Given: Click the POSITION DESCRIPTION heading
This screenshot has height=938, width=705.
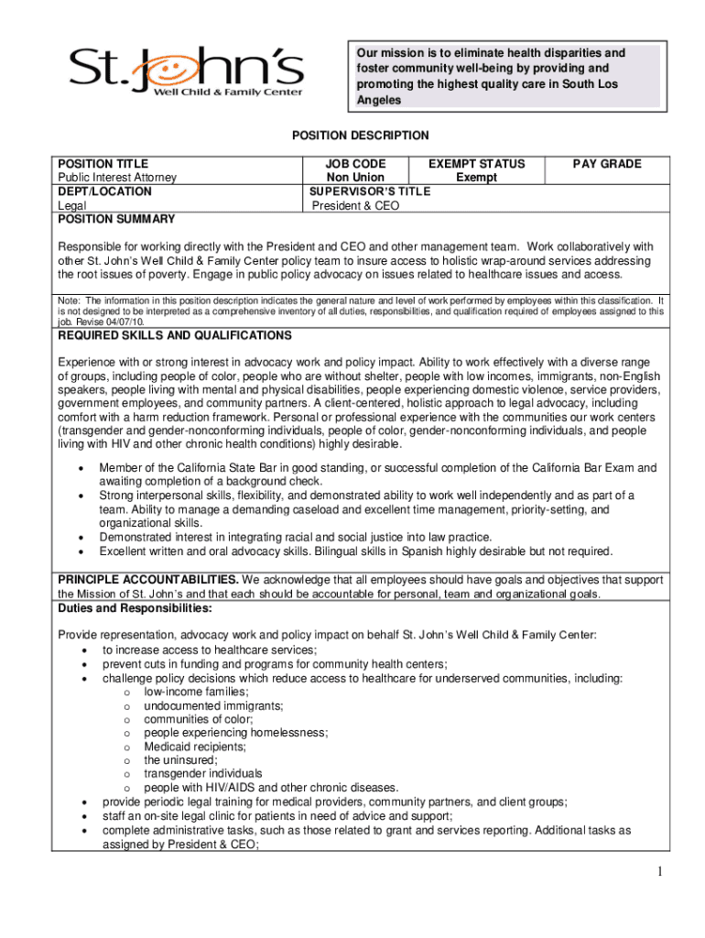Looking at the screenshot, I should coord(360,136).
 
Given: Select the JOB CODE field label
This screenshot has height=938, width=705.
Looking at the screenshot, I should coord(355,164).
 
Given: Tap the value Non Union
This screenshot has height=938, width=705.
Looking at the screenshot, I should coord(355,178).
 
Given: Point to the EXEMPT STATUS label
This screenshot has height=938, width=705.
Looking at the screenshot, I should coord(476,164).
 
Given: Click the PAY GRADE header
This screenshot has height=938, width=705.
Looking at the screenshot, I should coord(607,164).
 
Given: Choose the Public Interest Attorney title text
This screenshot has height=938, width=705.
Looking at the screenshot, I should coord(117,178).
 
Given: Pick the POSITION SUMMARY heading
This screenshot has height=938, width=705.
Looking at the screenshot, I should coord(116,220).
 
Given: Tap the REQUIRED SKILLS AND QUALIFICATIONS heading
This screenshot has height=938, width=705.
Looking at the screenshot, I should coord(175,336).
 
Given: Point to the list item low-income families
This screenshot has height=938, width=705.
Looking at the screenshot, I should coord(183,692).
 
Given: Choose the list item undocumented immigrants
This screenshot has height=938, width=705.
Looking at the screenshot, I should coord(213,705).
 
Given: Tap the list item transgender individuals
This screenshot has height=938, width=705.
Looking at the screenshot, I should coord(202,774).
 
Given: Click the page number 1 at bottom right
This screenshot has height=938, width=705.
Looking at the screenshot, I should coord(658,871).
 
